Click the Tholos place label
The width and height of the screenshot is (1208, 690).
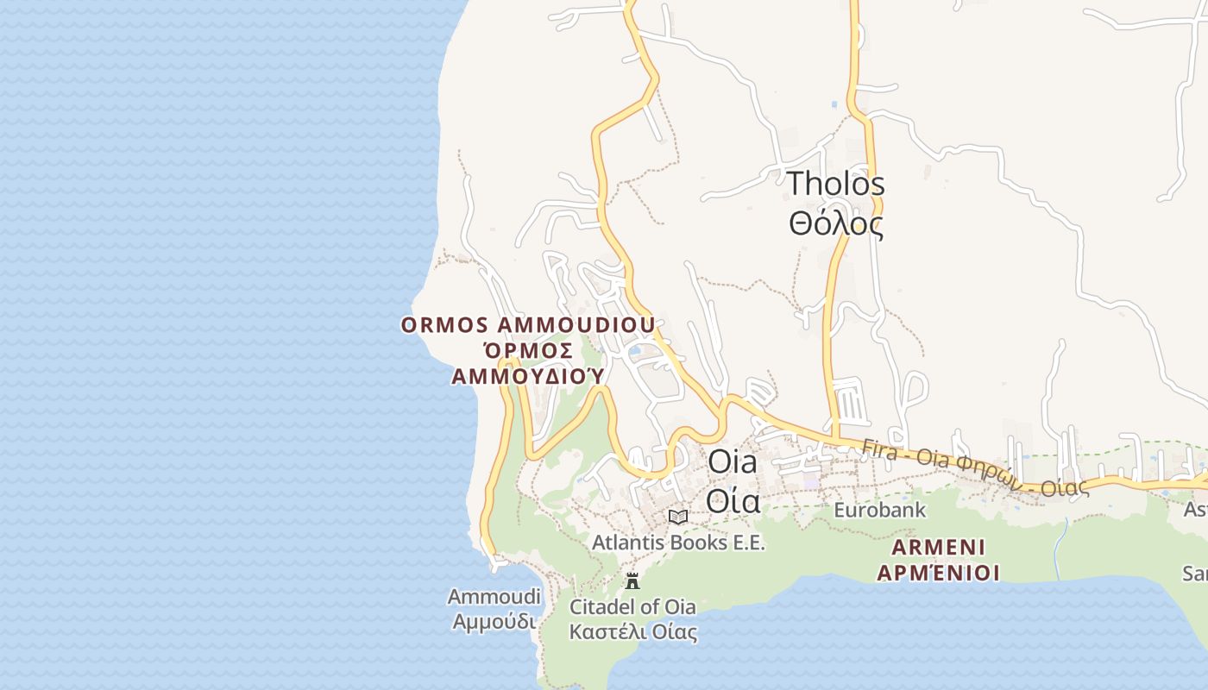835,184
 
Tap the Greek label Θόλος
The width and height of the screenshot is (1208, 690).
835,224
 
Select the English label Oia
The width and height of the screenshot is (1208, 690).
732,461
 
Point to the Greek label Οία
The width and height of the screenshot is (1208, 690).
733,501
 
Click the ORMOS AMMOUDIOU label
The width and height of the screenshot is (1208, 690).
527,325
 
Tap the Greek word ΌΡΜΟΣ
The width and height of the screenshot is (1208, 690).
527,351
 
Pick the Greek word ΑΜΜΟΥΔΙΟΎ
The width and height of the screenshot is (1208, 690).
527,377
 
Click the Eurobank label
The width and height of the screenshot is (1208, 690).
879,510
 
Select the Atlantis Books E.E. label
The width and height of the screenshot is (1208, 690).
678,543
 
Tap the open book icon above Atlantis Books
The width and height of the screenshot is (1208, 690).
678,517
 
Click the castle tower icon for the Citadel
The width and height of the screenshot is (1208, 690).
632,580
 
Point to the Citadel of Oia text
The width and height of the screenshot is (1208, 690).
632,606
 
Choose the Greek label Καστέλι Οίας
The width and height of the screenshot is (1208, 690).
632,632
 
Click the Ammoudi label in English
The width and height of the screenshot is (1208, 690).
494,596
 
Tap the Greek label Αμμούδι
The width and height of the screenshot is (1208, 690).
494,621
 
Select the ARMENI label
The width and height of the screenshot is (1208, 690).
938,548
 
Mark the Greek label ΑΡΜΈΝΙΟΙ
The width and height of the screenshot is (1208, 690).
938,573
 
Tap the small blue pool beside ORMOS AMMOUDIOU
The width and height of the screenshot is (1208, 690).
635,350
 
